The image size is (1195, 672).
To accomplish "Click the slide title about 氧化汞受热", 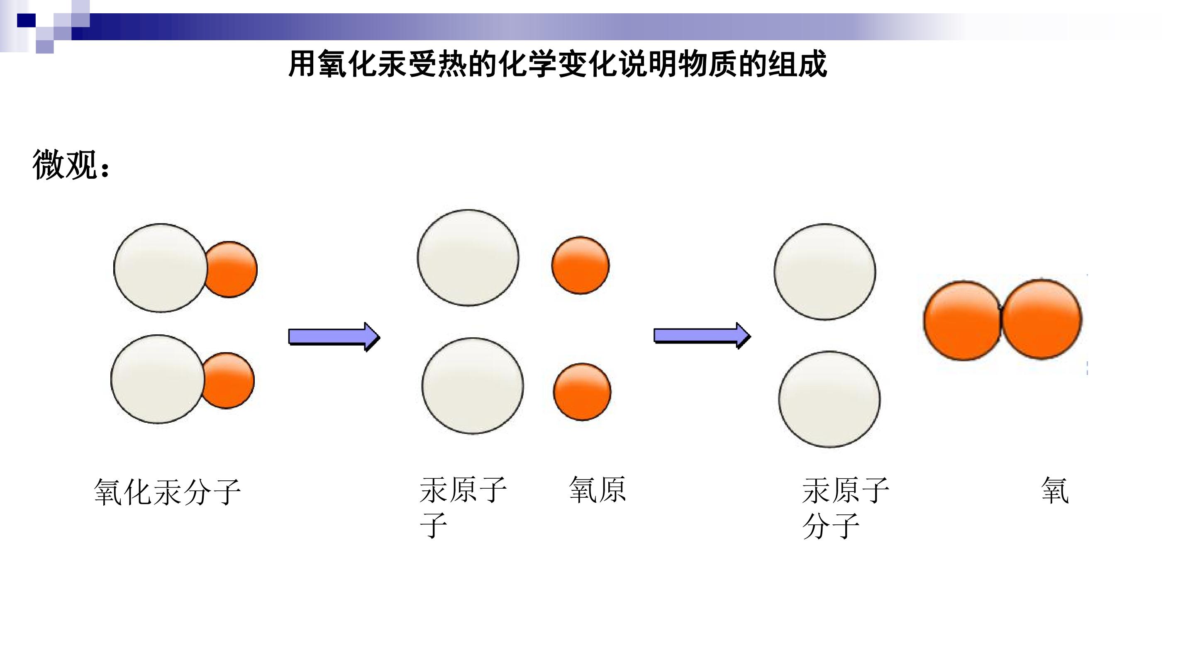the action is [x=558, y=64].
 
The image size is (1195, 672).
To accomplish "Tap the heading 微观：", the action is [x=72, y=165].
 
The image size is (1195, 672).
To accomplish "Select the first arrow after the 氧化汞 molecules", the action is [x=334, y=337].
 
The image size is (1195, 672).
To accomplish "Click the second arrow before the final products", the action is [x=702, y=336].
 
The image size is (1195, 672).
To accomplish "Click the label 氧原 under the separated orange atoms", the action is [x=597, y=490].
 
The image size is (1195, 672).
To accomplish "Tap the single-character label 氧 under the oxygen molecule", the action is [x=1055, y=490].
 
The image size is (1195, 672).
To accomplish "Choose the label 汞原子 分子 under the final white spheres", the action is [x=846, y=508].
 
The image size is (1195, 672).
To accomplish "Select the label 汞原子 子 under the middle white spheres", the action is [x=463, y=507].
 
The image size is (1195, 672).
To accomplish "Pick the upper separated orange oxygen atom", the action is [x=580, y=265].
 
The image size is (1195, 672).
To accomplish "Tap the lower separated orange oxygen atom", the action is [x=582, y=392].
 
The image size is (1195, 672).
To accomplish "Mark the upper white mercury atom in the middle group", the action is [x=468, y=258].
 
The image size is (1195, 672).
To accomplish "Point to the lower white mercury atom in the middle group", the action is [x=473, y=386].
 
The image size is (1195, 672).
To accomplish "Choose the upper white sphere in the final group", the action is [x=825, y=272].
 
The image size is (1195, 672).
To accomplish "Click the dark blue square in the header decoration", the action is [x=27, y=20].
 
